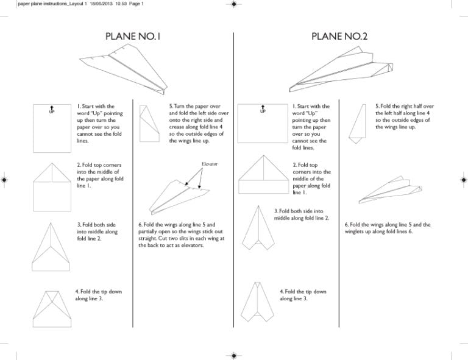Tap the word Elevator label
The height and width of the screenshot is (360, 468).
coord(209,164)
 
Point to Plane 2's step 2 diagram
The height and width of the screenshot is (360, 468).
coord(263,177)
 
